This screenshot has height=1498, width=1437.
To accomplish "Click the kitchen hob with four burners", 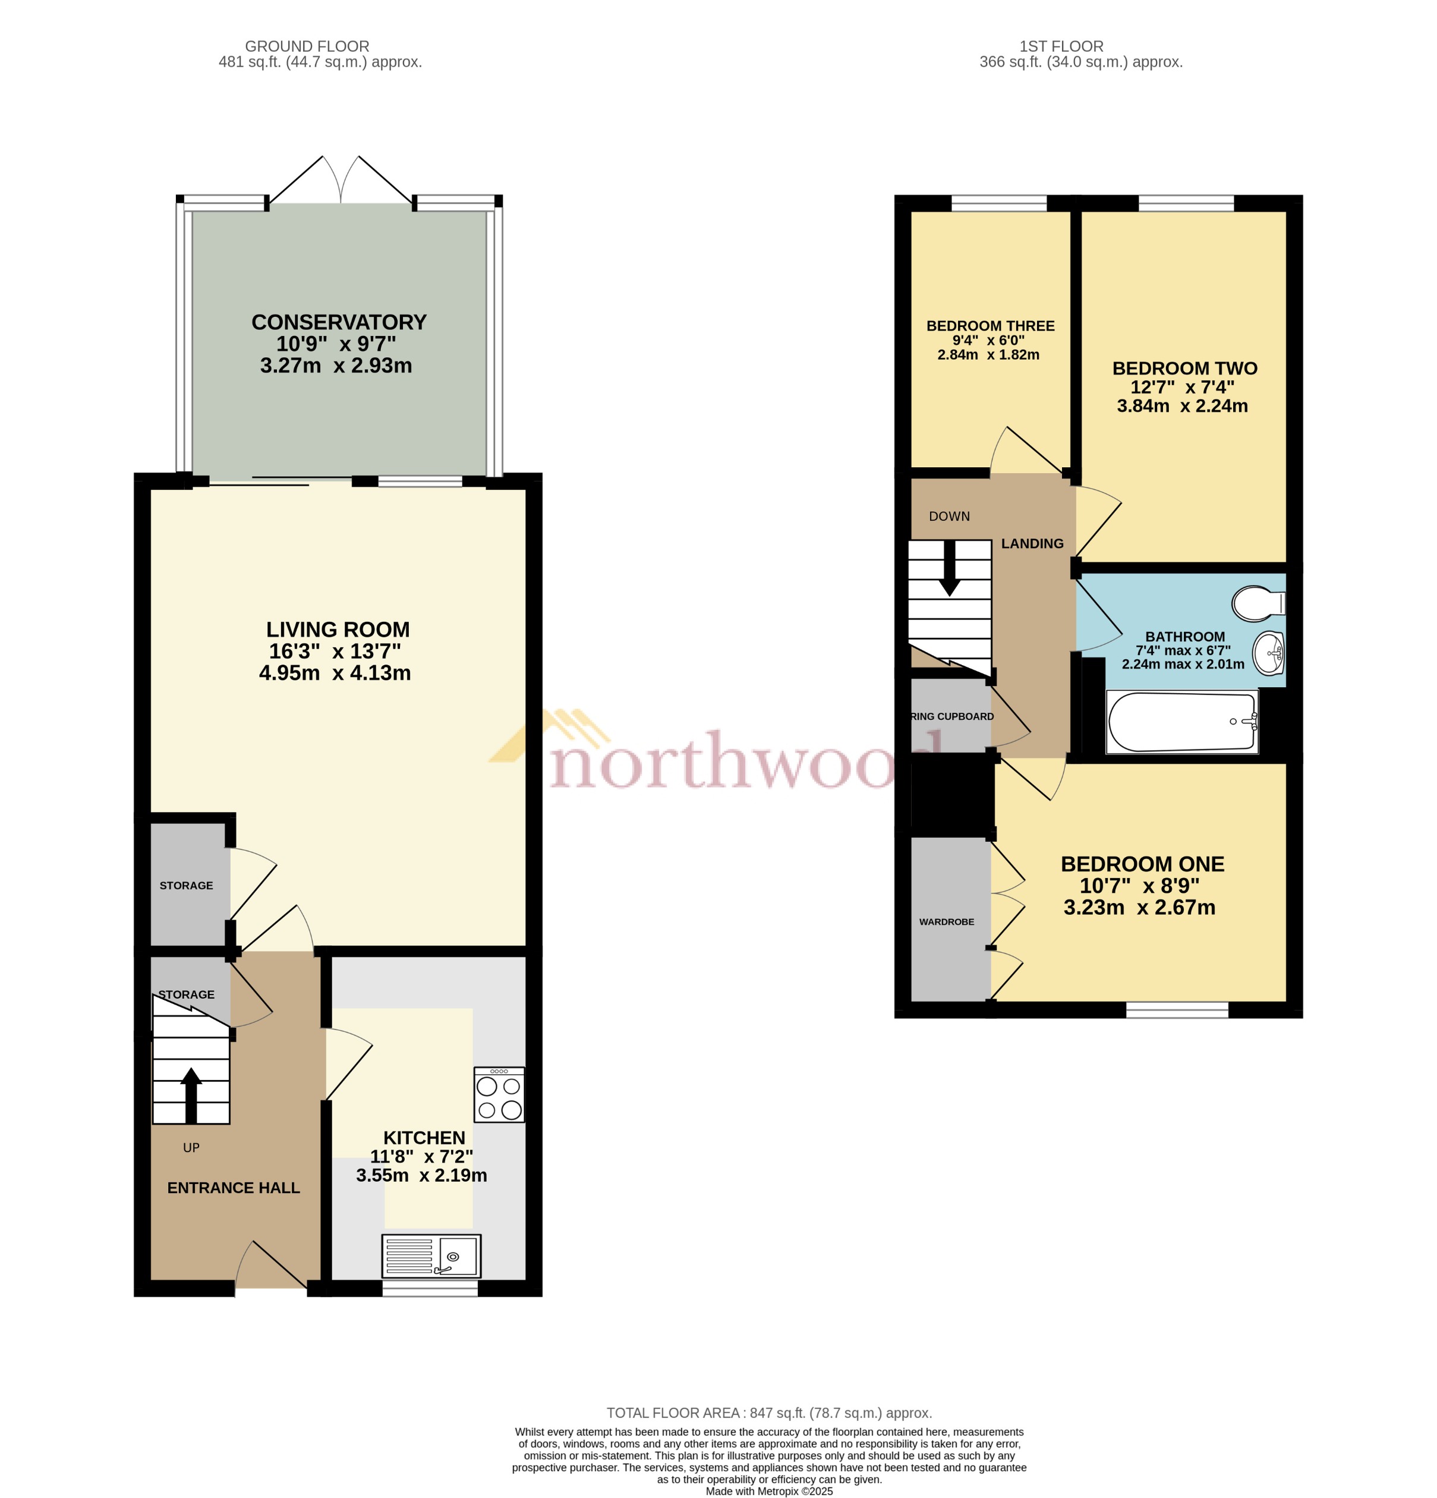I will point(499,1094).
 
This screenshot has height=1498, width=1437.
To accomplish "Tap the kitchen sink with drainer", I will point(431,1257).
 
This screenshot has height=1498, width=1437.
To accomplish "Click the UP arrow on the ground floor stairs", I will point(191,1094).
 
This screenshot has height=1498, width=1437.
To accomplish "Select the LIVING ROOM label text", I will point(338,630).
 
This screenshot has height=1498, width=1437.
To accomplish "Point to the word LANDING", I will point(1032,543).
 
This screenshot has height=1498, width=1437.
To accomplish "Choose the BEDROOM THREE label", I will point(990,326).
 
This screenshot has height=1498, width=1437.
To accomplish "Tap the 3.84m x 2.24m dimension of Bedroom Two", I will point(1182,406).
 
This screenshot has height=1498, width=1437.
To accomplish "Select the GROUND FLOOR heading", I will point(307,46).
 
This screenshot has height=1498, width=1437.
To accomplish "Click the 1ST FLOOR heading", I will point(1061,46).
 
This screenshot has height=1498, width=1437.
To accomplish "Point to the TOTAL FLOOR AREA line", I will point(768,1413).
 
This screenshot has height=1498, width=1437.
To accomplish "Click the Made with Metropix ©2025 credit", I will point(768,1491).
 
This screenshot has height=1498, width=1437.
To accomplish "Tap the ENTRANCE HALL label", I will point(233,1188).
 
